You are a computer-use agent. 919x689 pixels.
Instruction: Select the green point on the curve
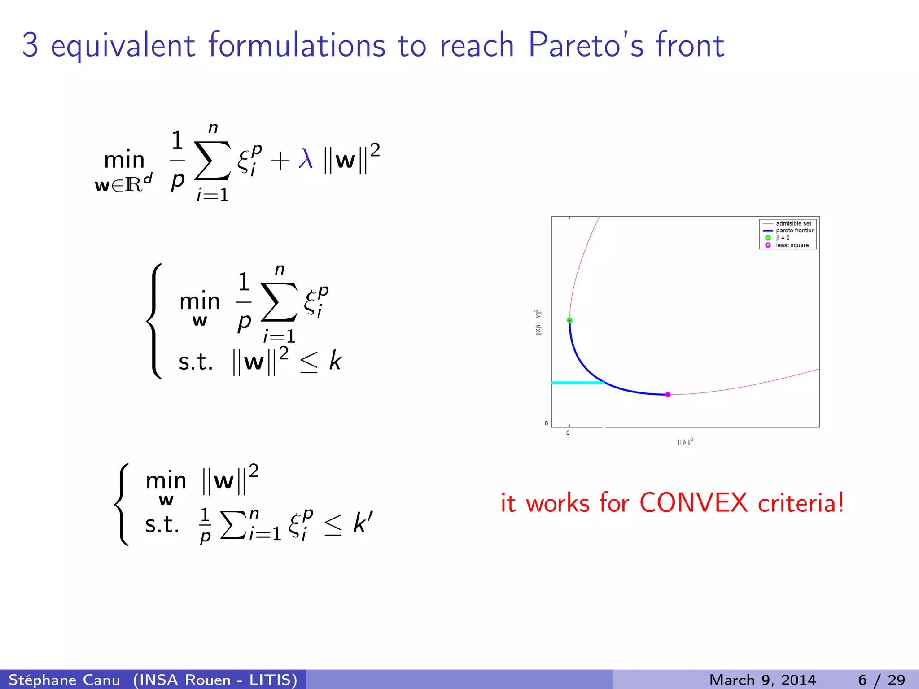(x=569, y=320)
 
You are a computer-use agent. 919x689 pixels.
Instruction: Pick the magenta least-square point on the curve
(x=668, y=394)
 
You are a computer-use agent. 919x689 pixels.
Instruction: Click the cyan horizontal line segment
(x=577, y=383)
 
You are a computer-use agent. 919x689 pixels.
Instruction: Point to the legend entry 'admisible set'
(x=793, y=223)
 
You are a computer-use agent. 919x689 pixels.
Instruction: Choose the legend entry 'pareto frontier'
(x=794, y=231)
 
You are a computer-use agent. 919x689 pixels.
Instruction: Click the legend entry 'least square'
(x=792, y=245)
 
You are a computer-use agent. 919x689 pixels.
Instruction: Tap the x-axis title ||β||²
(x=685, y=442)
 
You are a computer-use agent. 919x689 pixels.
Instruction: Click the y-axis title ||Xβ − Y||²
(x=538, y=322)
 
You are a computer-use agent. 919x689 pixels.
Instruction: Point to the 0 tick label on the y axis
(x=546, y=423)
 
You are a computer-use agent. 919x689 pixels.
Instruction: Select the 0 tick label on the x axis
(x=568, y=433)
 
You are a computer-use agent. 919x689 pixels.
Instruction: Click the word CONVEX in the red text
(x=693, y=502)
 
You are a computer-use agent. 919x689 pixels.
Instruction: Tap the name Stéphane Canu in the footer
(x=64, y=680)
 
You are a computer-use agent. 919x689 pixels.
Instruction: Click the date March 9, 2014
(x=762, y=680)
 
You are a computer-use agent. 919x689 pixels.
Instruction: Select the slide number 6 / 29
(x=881, y=680)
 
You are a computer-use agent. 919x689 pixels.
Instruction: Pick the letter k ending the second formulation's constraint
(x=335, y=361)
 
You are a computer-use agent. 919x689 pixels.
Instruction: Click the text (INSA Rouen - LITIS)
(x=215, y=680)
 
